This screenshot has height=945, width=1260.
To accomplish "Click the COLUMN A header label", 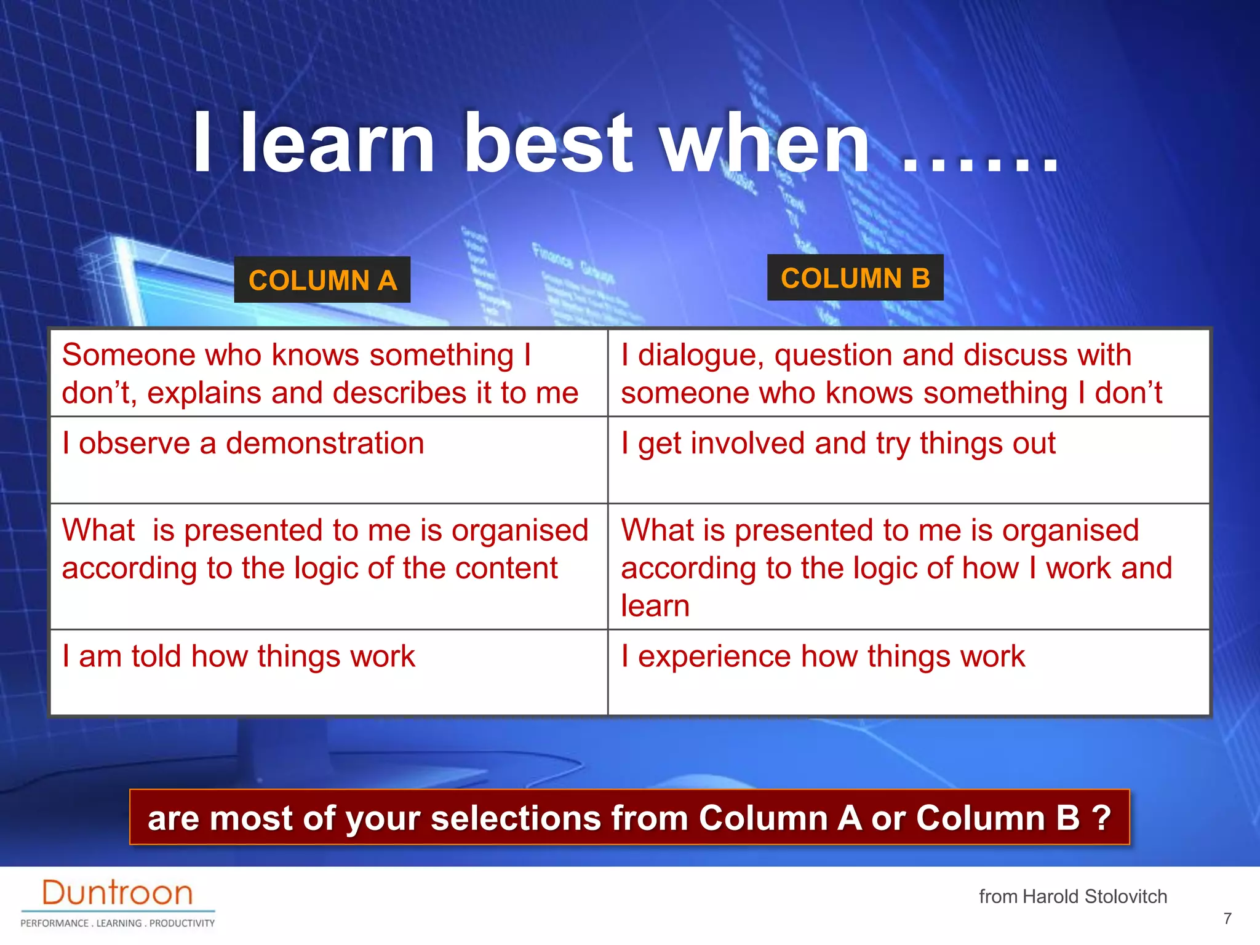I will (322, 280).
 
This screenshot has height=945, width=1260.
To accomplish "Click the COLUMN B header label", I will (855, 278).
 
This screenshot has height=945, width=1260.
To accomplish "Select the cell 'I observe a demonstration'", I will (243, 444).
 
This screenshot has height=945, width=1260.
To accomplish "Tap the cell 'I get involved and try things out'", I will (838, 444).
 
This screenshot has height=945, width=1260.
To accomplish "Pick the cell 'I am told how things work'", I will (239, 656).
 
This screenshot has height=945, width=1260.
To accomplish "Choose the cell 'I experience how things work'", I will (823, 656).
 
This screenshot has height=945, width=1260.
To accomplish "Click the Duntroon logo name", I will (117, 893).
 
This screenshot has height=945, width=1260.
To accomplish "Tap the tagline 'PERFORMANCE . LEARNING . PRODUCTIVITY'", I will (118, 923).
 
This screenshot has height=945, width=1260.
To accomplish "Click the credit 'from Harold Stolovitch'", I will (1073, 896).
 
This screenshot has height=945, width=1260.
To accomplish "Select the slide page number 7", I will (1227, 919).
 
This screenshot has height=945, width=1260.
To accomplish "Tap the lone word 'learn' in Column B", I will (655, 606).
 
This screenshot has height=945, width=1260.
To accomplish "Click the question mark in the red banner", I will (1101, 818).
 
